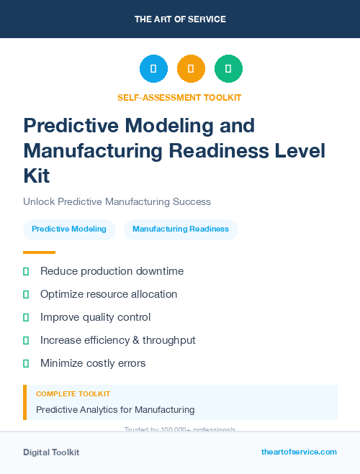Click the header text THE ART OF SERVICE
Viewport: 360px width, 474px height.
coord(180,19)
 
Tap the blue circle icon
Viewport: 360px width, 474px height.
coord(153,69)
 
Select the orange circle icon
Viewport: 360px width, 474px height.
coord(191,69)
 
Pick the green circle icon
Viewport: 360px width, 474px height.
coord(228,69)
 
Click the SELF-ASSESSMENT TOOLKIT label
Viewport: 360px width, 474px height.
coord(180,97)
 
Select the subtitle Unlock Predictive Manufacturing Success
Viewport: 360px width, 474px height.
coord(117,201)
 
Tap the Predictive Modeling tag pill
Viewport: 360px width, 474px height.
coord(69,229)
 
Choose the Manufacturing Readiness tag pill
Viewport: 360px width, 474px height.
coord(181,229)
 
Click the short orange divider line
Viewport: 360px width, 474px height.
coord(39,252)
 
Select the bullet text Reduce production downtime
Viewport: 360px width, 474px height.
coord(112,271)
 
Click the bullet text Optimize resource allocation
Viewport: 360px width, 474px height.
coord(109,294)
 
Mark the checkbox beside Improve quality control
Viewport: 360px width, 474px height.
coord(26,317)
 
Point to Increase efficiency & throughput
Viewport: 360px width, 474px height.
coord(118,340)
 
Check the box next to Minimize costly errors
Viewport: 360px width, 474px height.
coord(26,363)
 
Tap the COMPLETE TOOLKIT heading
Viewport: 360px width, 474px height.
coord(73,394)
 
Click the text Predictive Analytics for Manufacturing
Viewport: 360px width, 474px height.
coord(115,410)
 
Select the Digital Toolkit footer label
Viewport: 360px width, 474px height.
coord(51,452)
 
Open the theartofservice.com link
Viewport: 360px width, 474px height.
coord(299,452)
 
